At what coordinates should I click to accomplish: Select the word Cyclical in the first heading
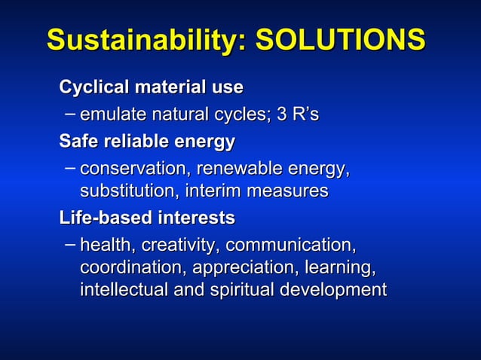(94, 88)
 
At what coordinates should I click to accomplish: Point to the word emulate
(111, 115)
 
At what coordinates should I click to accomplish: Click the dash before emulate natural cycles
(69, 114)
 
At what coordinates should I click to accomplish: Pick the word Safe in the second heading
(78, 142)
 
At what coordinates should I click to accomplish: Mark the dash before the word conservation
(69, 166)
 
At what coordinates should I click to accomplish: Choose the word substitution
(126, 191)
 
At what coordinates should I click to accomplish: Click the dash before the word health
(69, 244)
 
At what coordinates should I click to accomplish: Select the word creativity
(181, 246)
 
